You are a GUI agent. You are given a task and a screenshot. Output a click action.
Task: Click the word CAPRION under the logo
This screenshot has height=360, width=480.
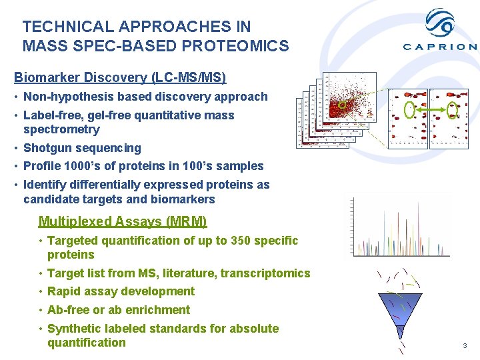[440, 47]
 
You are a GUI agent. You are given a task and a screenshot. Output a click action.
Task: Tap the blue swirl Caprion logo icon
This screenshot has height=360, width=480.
[440, 23]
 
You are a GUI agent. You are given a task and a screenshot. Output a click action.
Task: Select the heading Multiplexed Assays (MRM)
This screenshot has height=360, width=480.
[123, 221]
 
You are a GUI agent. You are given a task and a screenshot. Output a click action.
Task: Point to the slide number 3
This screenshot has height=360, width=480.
[465, 345]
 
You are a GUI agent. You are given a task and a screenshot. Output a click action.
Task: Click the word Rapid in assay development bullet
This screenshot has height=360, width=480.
[65, 291]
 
